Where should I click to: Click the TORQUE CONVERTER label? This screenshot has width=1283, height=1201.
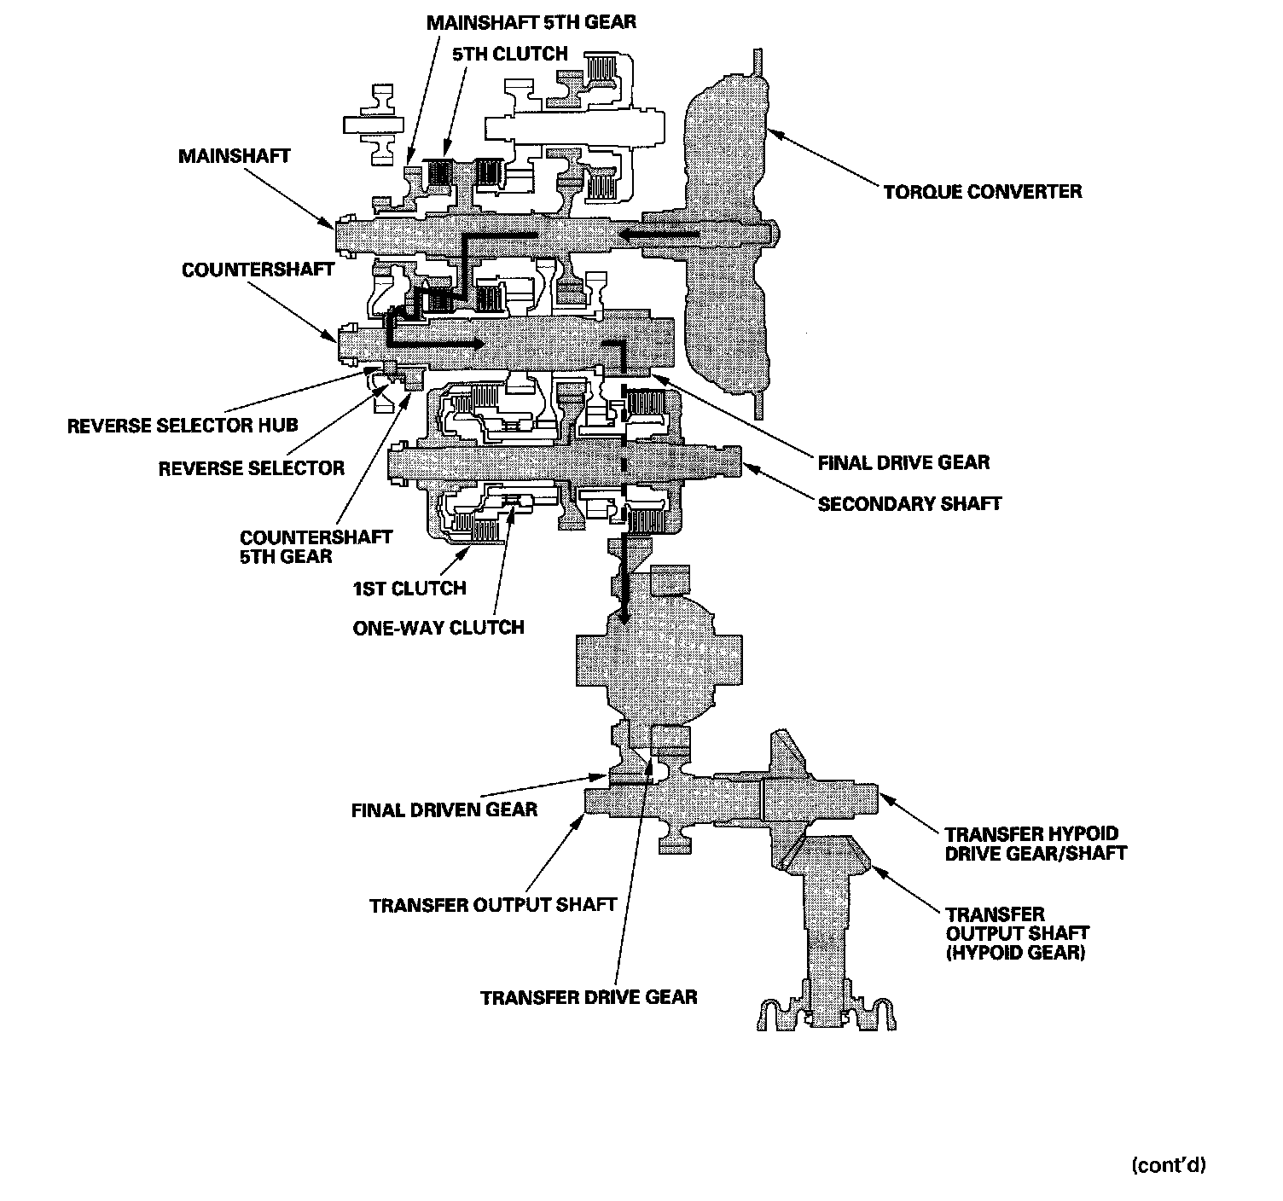click(982, 191)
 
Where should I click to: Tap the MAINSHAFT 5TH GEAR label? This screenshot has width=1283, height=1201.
click(531, 21)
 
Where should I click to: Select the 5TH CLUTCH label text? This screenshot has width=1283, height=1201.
click(510, 54)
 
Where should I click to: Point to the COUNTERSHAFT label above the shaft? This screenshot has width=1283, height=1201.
click(258, 270)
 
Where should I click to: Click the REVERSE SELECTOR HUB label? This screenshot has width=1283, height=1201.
click(183, 425)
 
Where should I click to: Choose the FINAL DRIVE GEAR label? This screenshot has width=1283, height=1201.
click(903, 463)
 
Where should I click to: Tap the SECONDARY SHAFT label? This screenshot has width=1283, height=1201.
click(909, 503)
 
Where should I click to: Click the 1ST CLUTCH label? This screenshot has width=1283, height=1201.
click(409, 589)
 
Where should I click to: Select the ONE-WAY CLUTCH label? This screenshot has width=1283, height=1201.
click(438, 629)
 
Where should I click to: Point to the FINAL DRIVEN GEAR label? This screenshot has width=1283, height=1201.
click(444, 809)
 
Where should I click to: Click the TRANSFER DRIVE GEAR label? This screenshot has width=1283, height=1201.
click(589, 997)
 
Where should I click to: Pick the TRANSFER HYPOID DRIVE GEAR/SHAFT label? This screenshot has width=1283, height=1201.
click(1036, 843)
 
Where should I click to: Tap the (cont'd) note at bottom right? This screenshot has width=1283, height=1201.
click(1168, 1165)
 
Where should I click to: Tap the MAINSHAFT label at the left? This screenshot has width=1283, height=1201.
click(234, 156)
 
